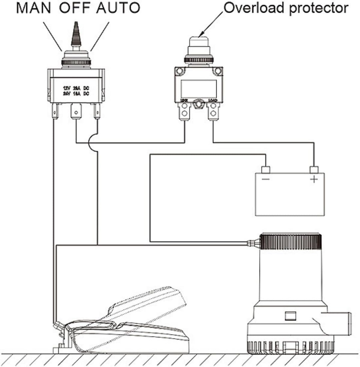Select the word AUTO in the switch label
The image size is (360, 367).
[118, 8]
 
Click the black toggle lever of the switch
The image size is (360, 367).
[76, 35]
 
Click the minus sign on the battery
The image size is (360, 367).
[266, 180]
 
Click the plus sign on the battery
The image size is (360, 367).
[314, 180]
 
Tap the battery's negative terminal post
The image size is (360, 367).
[265, 170]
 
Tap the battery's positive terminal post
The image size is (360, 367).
[314, 170]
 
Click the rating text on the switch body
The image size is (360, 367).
[76, 91]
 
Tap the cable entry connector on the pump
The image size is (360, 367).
[253, 243]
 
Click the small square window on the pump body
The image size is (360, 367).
[289, 315]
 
